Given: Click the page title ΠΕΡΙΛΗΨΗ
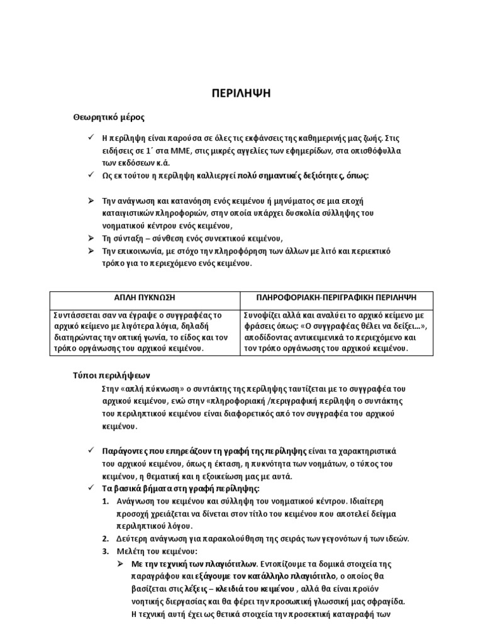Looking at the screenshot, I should click(x=241, y=94).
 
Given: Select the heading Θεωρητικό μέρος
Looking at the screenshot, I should click(x=109, y=117).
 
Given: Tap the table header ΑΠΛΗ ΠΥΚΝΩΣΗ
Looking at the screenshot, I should click(x=145, y=297).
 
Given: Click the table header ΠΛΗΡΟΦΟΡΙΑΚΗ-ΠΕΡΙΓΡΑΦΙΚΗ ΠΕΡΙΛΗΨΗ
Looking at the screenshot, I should click(x=336, y=297).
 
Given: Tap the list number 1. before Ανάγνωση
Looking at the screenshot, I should click(x=106, y=501).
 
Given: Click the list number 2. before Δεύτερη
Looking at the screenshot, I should click(x=106, y=539).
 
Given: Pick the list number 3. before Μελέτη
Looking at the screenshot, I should click(x=106, y=552).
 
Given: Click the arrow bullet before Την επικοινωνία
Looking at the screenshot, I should click(x=89, y=251).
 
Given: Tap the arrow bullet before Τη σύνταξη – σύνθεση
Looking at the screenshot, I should click(x=89, y=238).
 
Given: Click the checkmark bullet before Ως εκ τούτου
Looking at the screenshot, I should click(x=89, y=175).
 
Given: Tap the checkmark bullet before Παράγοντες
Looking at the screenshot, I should click(x=89, y=451).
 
